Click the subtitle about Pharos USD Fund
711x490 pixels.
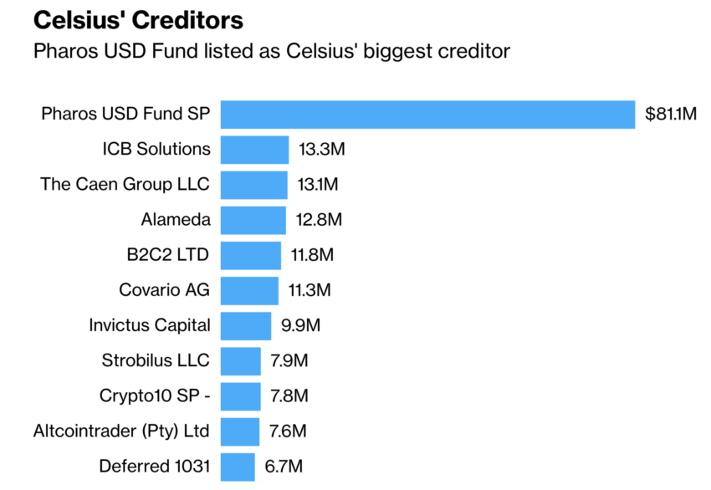point(271,51)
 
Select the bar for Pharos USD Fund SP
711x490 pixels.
point(427,115)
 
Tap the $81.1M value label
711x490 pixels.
point(671,115)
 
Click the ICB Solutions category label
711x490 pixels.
point(156,149)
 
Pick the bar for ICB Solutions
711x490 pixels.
point(254,150)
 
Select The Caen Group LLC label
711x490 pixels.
point(125,184)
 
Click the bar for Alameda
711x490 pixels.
point(253,220)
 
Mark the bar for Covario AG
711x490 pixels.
point(249,290)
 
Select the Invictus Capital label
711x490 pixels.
point(150,325)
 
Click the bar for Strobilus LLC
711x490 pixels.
point(241,361)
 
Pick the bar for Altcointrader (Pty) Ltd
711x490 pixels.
point(240,431)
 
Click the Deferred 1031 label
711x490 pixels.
point(155,467)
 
